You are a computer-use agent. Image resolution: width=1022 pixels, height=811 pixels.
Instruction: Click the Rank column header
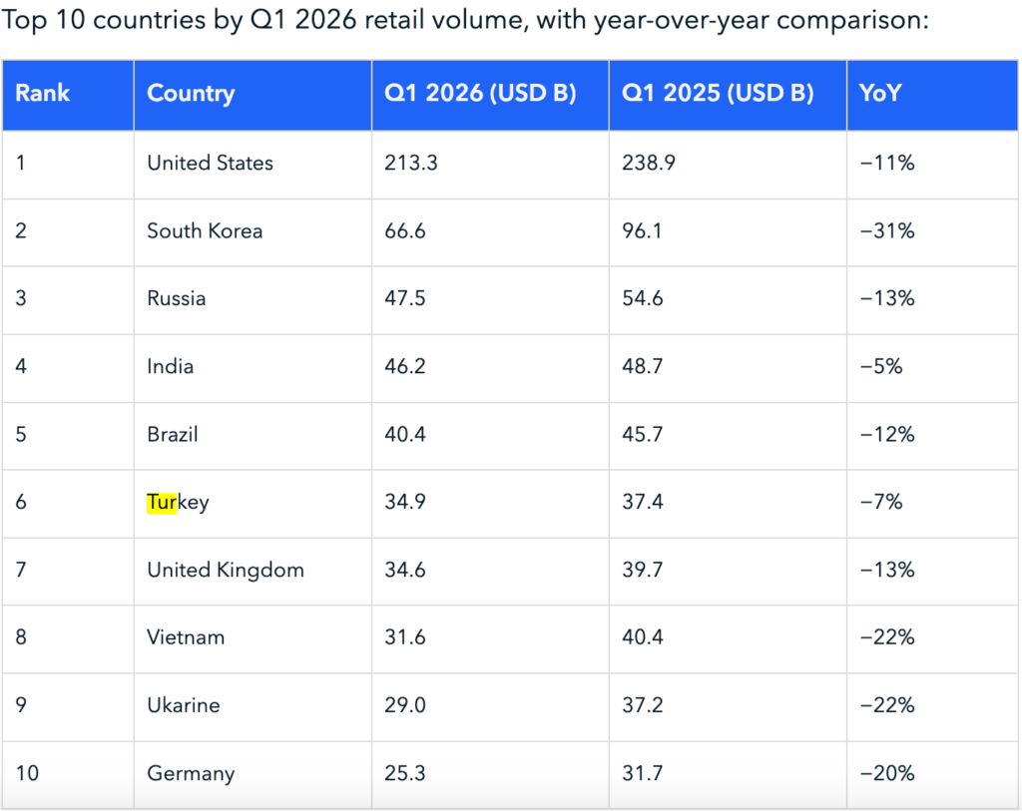42,93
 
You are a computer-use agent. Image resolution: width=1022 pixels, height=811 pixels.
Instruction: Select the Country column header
191,94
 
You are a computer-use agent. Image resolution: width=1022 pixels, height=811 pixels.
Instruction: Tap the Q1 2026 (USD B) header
480,93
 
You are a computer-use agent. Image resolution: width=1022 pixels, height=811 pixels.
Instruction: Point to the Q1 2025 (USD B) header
718,93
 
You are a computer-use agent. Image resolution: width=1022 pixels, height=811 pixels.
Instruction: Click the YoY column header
880,93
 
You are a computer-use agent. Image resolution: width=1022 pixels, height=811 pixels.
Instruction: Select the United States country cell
210,163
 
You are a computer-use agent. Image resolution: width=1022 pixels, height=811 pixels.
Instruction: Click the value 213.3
410,163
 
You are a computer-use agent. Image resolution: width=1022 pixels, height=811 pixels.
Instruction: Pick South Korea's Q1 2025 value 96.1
642,230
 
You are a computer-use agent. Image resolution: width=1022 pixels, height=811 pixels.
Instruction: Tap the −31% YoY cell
887,230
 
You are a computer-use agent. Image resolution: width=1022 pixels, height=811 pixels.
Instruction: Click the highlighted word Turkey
178,502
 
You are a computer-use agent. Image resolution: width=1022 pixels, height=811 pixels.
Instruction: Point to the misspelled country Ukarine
184,705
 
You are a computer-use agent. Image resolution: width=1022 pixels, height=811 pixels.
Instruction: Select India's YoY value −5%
881,366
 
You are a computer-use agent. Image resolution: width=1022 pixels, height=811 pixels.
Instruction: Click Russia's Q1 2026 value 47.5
405,298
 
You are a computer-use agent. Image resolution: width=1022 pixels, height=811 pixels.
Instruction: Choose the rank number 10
27,773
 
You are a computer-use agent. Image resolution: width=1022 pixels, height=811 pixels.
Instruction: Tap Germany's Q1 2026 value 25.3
405,773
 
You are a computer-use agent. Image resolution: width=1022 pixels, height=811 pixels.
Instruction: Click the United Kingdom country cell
226,570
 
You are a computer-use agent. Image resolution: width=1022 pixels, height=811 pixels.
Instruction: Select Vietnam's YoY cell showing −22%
887,637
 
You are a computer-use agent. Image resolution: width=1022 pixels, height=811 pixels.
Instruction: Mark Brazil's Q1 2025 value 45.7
642,434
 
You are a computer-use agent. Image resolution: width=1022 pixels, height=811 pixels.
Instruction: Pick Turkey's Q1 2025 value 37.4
642,502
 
